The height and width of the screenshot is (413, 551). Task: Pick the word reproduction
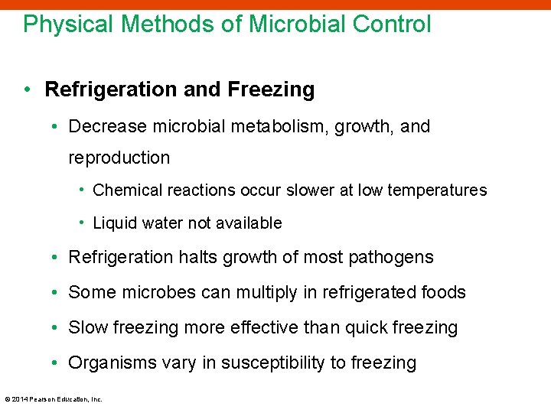[119, 158]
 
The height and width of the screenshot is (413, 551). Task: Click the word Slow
[88, 328]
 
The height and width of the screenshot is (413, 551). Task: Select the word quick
[366, 328]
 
